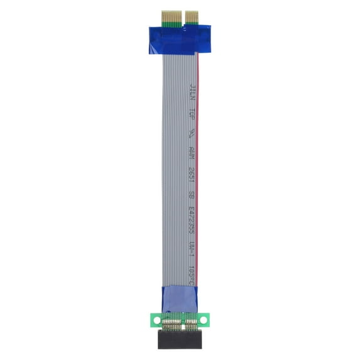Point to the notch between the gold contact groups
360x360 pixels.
click(181, 18)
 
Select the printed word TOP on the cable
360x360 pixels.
click(192, 117)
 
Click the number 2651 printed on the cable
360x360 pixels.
click(192, 174)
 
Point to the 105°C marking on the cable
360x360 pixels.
click(192, 273)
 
